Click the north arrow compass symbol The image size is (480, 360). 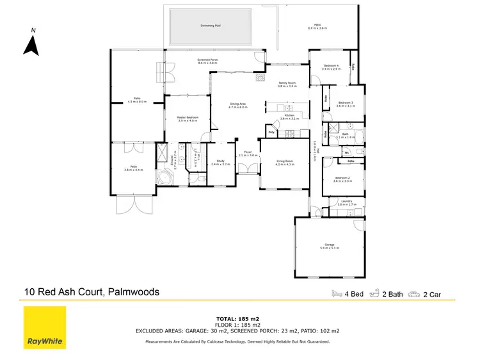click(x=29, y=44)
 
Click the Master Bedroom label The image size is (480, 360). click(x=188, y=119)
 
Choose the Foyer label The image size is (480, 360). click(x=248, y=154)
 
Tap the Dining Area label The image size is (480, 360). click(x=238, y=106)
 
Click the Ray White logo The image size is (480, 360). click(x=44, y=328)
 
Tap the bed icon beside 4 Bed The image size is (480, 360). click(x=337, y=293)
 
